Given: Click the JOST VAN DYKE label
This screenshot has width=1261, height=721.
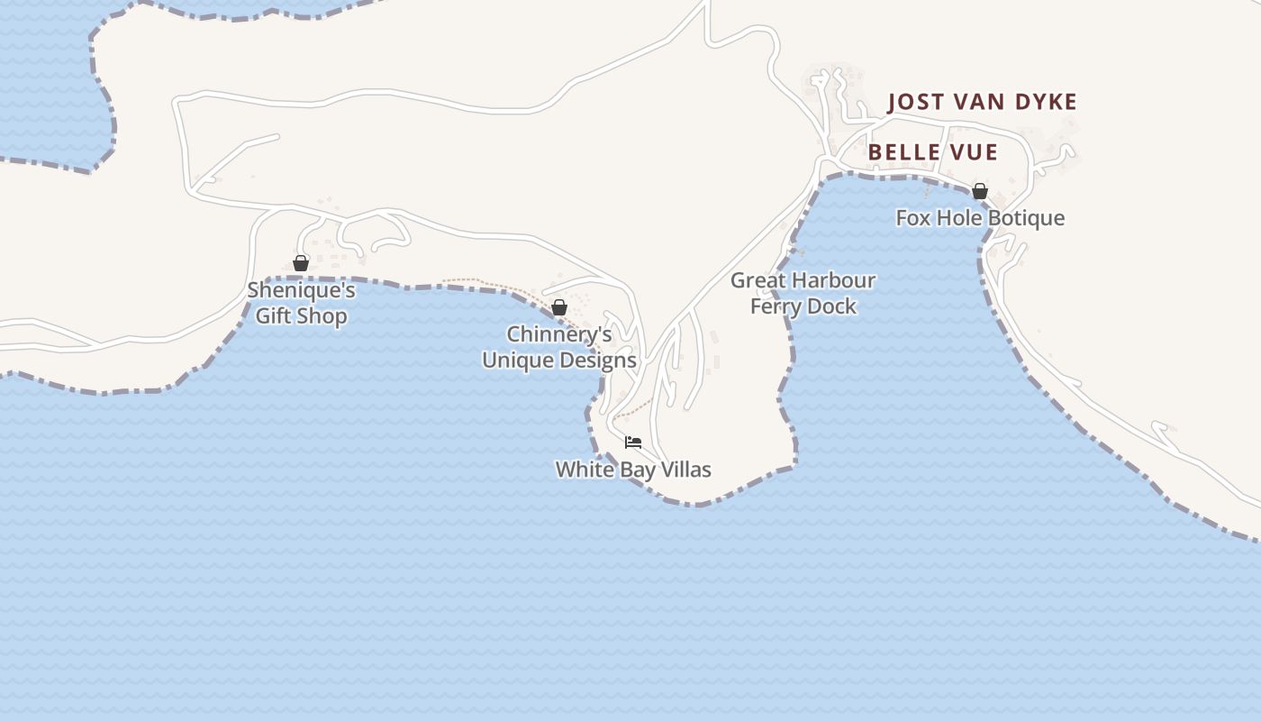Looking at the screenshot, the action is (x=982, y=102).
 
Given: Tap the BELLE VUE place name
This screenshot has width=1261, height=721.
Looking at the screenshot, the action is (x=932, y=152).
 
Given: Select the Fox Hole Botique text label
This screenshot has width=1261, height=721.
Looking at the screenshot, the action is (x=980, y=218).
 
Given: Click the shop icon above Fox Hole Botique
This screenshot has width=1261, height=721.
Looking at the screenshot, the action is (x=980, y=191).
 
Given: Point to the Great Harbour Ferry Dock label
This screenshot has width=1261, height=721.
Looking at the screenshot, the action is (x=803, y=294).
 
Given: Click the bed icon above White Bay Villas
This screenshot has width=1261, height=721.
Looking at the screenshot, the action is (x=633, y=442).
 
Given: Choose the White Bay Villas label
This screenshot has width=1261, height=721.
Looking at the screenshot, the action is (x=633, y=470).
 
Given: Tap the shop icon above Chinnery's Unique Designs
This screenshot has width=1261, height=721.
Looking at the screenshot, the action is (x=559, y=307).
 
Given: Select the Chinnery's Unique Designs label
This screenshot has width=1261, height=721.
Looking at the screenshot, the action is (x=559, y=348).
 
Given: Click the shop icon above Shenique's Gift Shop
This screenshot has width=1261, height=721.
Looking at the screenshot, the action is (x=301, y=263).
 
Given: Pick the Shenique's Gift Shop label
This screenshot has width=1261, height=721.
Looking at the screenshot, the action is (x=301, y=304).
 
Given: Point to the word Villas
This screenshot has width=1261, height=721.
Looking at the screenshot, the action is (x=685, y=470).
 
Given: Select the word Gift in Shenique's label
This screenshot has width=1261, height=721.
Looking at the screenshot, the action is (x=274, y=316).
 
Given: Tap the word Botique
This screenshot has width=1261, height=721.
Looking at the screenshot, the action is (x=1026, y=218).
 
